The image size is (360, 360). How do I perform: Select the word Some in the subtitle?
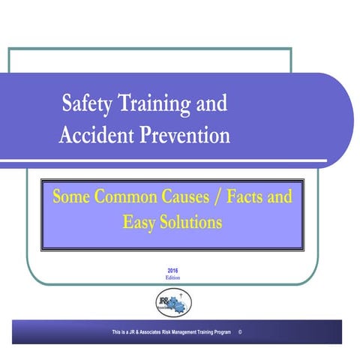69,199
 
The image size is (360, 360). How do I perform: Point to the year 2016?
173,271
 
